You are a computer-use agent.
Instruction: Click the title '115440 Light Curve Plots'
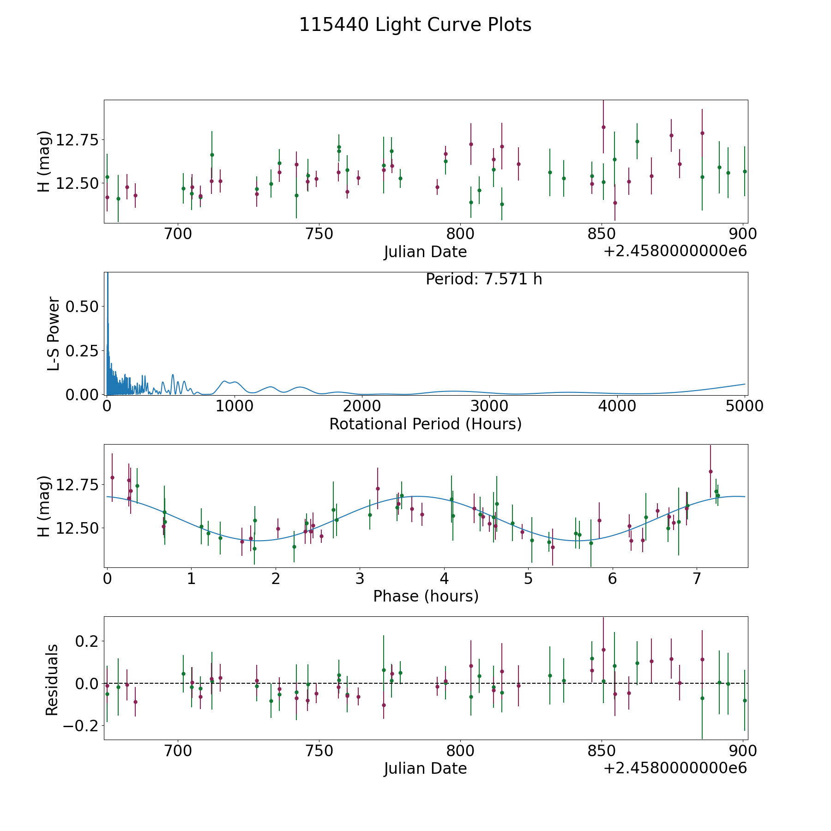pos(415,25)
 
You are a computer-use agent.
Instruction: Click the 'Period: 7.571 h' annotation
pos(484,279)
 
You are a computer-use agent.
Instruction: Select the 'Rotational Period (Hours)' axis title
pos(425,424)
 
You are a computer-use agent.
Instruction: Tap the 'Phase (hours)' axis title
pos(426,596)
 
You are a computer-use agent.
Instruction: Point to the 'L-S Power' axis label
pos(54,334)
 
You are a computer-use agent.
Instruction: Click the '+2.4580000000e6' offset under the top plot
pos(675,251)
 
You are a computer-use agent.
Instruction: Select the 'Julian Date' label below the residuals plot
pos(425,768)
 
